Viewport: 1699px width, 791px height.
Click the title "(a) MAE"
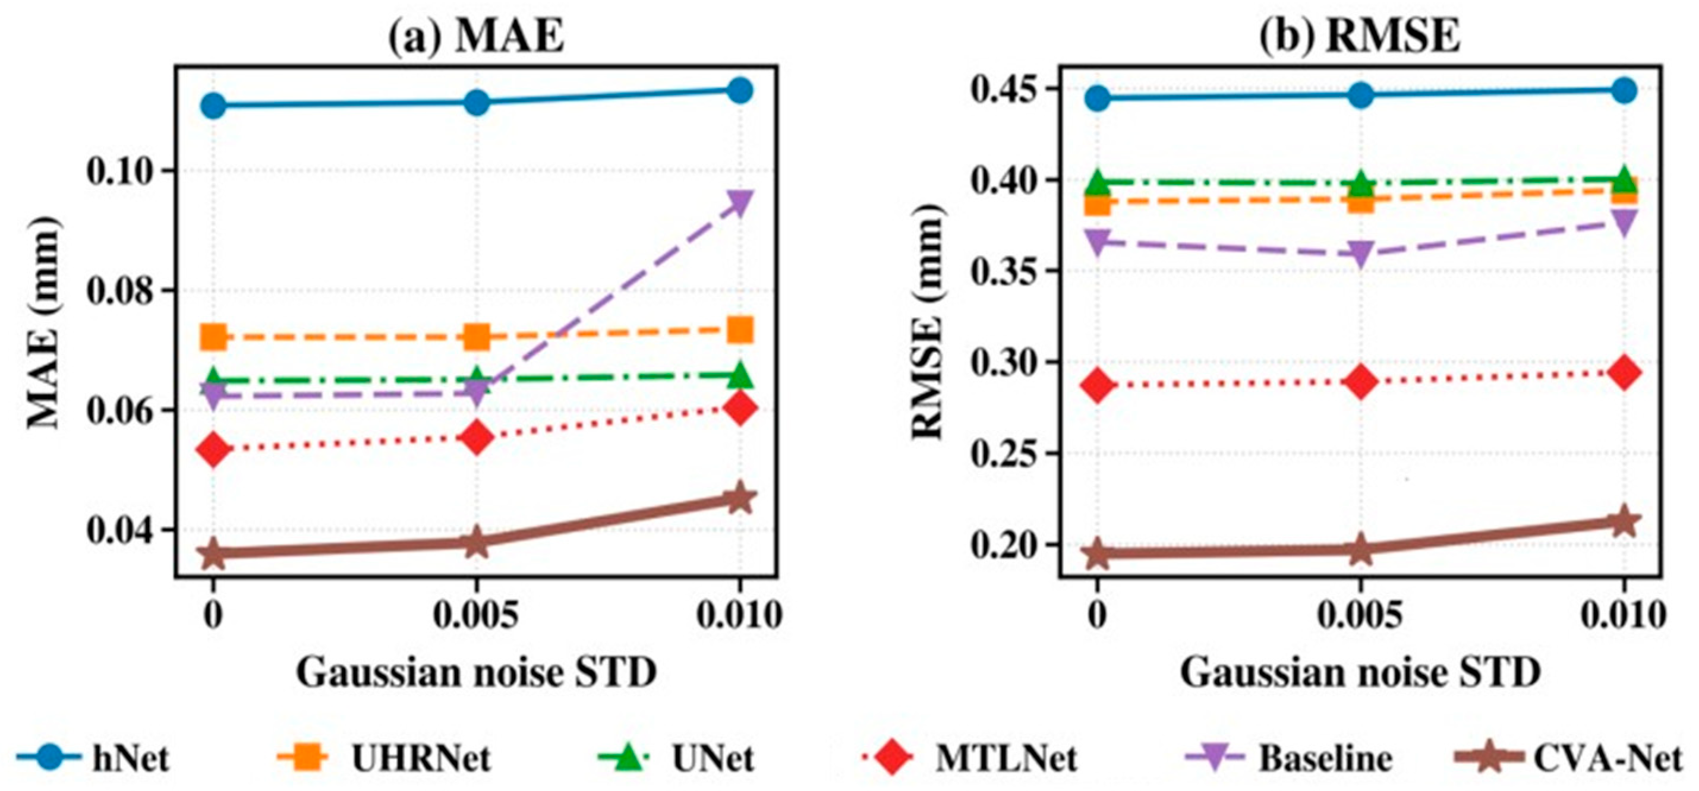click(x=475, y=36)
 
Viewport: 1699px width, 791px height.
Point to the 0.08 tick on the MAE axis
click(x=124, y=291)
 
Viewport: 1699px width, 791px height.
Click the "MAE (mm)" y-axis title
click(x=43, y=323)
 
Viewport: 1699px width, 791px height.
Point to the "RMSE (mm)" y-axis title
click(x=928, y=323)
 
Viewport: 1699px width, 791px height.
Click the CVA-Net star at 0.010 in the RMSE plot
click(x=1624, y=522)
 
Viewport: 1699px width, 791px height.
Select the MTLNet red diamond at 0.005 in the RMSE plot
click(x=1360, y=382)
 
